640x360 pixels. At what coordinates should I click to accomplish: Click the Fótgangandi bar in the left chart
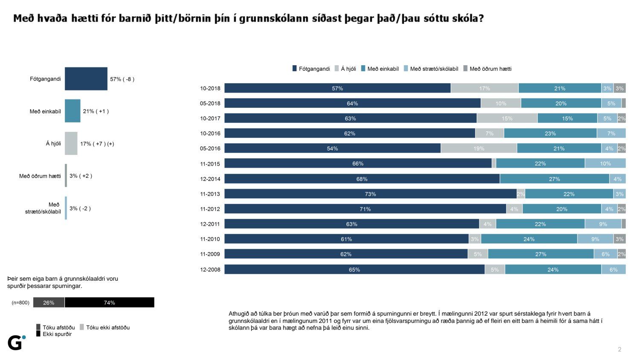click(86, 79)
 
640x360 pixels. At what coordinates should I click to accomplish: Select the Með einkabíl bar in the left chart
click(73, 111)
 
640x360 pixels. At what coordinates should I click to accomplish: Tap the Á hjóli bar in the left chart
click(71, 143)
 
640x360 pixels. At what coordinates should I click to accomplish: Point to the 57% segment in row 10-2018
click(337, 88)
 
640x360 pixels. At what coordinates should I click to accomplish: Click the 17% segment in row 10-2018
click(484, 88)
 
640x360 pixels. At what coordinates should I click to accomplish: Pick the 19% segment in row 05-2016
click(479, 148)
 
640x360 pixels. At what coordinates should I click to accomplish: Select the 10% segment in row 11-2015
click(605, 163)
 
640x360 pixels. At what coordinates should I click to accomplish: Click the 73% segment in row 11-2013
click(370, 194)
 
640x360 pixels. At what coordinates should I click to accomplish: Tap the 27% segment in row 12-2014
click(554, 179)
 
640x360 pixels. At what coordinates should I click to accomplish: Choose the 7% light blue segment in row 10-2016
click(611, 134)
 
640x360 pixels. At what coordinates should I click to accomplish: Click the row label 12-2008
click(210, 270)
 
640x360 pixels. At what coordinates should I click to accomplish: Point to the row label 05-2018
click(210, 103)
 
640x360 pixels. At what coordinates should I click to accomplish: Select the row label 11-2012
click(210, 209)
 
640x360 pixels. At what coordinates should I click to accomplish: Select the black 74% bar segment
click(109, 302)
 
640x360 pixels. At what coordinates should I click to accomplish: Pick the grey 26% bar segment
click(49, 302)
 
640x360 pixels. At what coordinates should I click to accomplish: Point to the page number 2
click(620, 349)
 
